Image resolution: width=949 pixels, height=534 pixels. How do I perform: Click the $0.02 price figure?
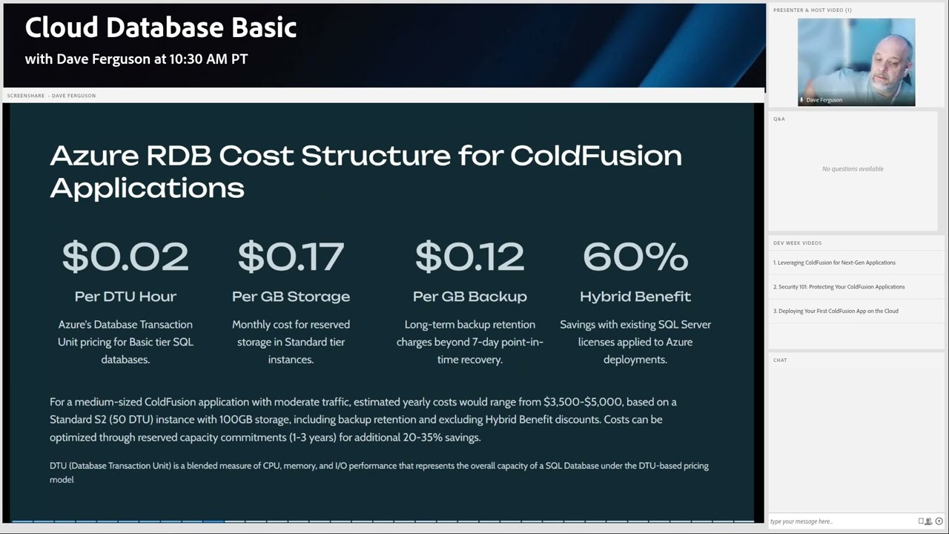125,257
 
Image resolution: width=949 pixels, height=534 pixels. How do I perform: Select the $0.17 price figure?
291,257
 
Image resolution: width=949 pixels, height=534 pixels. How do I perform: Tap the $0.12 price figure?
469,257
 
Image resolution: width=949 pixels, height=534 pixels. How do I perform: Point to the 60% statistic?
635,257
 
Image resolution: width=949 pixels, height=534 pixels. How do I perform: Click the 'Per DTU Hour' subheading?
125,297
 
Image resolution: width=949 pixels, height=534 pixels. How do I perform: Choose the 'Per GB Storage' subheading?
291,297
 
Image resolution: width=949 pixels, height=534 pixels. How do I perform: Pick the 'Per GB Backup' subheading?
469,297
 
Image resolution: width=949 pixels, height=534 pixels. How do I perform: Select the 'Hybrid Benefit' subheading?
635,297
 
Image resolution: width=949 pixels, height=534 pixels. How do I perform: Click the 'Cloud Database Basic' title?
161,28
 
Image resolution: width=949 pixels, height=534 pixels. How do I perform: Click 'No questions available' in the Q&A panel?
853,169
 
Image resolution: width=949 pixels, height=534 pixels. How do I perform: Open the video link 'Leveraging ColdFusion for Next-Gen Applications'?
834,263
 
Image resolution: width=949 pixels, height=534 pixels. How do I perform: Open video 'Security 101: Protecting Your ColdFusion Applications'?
839,287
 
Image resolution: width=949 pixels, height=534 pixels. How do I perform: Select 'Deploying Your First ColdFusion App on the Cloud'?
836,311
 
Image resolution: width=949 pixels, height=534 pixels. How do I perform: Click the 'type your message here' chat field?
841,521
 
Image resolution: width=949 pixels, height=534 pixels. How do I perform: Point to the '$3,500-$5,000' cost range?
584,402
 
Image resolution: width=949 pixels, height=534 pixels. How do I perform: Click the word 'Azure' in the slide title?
94,156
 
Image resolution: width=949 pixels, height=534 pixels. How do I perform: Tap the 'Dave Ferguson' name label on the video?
824,100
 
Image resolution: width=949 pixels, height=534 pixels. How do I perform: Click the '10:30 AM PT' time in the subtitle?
210,59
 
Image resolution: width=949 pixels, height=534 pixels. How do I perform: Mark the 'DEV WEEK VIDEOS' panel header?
797,243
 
